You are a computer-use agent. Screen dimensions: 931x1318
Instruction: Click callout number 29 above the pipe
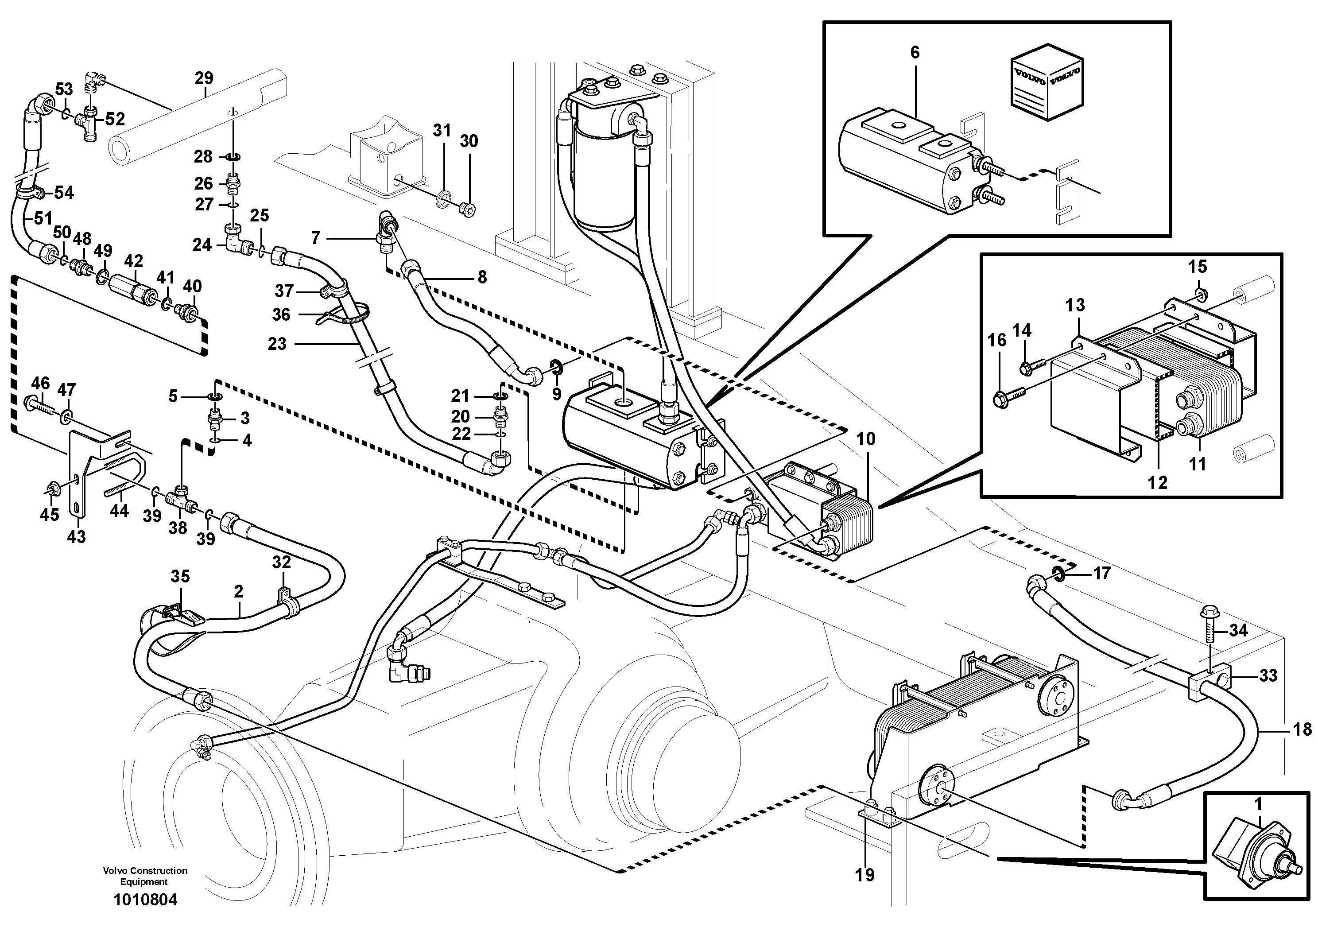(204, 78)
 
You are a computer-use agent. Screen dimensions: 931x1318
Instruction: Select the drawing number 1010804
(145, 900)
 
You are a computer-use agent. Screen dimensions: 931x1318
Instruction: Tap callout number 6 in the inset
(915, 53)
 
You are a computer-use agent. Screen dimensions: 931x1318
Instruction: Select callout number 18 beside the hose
(1302, 729)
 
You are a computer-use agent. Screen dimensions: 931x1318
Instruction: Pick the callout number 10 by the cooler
(866, 439)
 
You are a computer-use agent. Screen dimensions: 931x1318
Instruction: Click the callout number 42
(133, 262)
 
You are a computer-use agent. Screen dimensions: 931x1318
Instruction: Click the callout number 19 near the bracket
(864, 875)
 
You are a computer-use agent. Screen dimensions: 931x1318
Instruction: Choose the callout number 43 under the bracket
(76, 537)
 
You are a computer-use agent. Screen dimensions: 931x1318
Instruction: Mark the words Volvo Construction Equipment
(145, 876)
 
